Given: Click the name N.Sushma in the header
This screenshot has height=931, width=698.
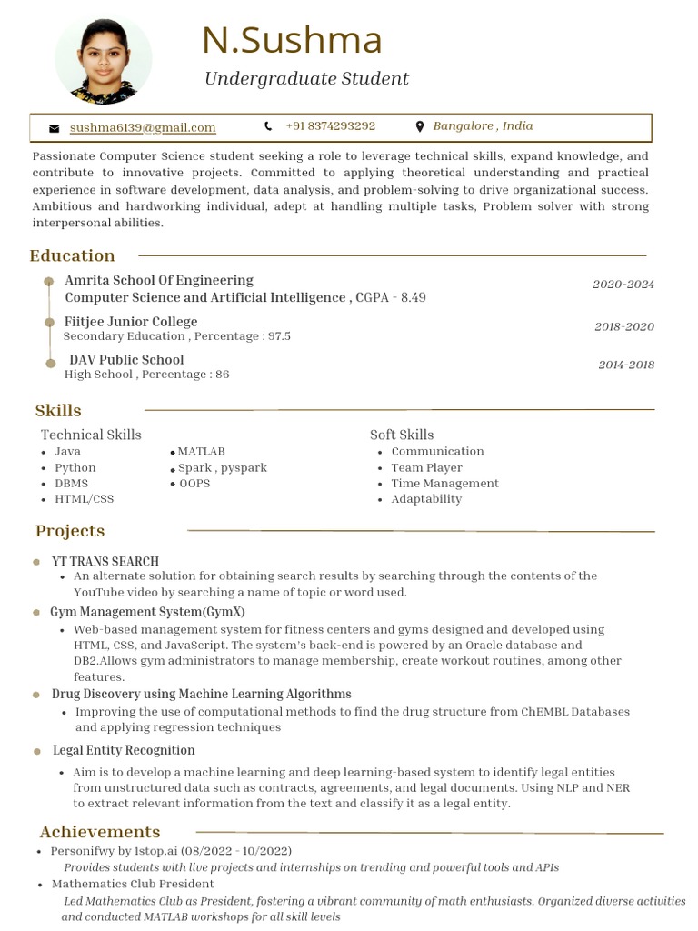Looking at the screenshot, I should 292,41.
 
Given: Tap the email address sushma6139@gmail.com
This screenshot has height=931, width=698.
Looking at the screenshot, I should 143,127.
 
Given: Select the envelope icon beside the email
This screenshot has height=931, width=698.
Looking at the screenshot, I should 55,128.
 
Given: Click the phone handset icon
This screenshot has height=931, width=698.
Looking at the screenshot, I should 268,126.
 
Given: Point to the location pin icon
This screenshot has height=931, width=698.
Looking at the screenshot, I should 419,127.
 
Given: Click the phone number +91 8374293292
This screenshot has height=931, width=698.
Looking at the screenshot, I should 330,126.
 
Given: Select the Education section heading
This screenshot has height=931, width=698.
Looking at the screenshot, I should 73,255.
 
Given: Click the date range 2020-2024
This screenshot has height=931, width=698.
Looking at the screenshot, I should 623,285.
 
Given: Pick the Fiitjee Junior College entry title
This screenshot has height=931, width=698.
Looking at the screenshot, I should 131,322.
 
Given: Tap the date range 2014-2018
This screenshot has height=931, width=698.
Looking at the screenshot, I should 625,365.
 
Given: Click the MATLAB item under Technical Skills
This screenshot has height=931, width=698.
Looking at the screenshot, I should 201,452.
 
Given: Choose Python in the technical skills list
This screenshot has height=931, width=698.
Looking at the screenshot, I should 75,467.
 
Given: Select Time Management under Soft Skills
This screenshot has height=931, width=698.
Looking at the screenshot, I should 444,483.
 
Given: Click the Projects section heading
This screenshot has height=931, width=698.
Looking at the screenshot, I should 70,531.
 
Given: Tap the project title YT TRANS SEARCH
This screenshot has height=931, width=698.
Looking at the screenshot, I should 105,562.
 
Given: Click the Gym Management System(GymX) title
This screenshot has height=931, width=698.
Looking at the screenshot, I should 147,612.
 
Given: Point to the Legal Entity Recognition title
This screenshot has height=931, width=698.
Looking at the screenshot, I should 124,750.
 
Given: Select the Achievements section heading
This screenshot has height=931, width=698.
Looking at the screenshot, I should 100,832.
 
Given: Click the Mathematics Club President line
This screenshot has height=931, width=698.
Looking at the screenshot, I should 133,884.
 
